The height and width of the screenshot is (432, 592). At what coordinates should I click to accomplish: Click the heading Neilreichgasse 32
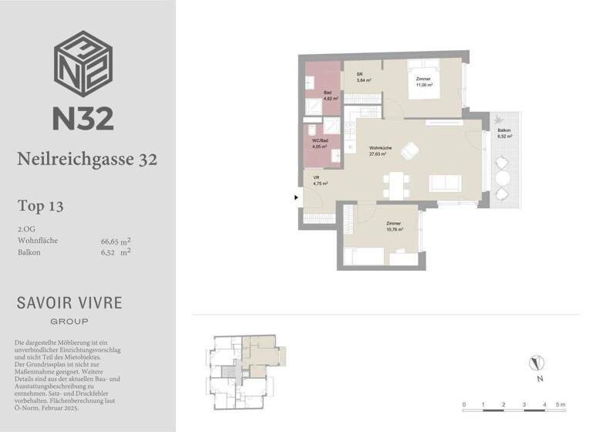(x=87, y=159)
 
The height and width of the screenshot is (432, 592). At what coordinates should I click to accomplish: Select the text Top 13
(x=40, y=206)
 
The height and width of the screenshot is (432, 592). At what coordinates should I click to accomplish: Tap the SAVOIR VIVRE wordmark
(x=69, y=302)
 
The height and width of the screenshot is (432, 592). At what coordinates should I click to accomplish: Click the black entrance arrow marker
(x=296, y=197)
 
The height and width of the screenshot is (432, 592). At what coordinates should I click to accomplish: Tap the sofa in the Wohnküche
(x=446, y=183)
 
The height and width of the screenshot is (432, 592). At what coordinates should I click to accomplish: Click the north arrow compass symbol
(x=539, y=363)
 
